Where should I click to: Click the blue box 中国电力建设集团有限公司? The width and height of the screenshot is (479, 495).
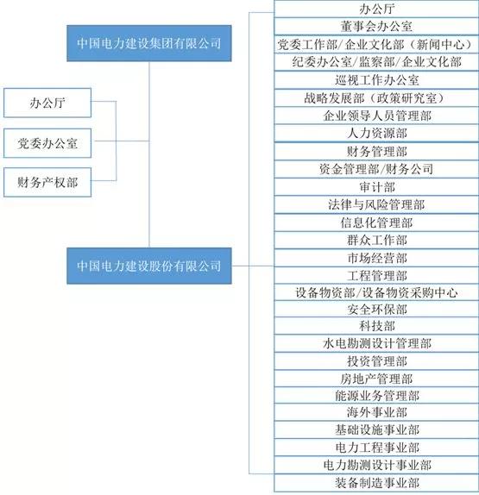coord(148,43)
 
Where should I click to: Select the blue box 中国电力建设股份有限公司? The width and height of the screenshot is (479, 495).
coord(148,266)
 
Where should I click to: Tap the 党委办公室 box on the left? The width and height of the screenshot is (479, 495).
coord(47,143)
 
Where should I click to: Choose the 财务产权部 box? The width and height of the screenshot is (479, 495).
coord(47,183)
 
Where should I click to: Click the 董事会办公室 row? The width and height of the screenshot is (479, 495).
coord(376,26)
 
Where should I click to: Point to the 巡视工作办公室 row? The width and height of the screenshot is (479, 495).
coord(376,80)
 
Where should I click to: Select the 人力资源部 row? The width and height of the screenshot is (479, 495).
coord(376,133)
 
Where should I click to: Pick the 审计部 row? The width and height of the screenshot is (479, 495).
coord(376,187)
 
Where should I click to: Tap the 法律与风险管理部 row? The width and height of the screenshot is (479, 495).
coord(376,204)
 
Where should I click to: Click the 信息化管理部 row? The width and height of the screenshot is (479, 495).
coord(376,222)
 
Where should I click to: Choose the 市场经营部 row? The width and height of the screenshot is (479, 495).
coord(376,258)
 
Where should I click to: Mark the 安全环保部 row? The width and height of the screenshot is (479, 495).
coord(376,310)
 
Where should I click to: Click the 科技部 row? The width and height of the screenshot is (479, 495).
coord(376,326)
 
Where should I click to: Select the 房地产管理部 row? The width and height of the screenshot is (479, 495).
coord(376,379)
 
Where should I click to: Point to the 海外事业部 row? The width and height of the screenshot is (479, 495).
coord(376,412)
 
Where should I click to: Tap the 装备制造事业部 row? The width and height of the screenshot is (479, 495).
coord(376,483)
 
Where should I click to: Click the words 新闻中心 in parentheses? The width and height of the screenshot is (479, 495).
coord(441,45)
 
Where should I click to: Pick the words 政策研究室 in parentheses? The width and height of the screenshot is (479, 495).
coord(406,98)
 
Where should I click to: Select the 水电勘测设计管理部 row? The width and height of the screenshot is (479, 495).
coord(376,343)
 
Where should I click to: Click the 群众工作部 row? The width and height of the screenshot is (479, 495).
coord(376,241)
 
